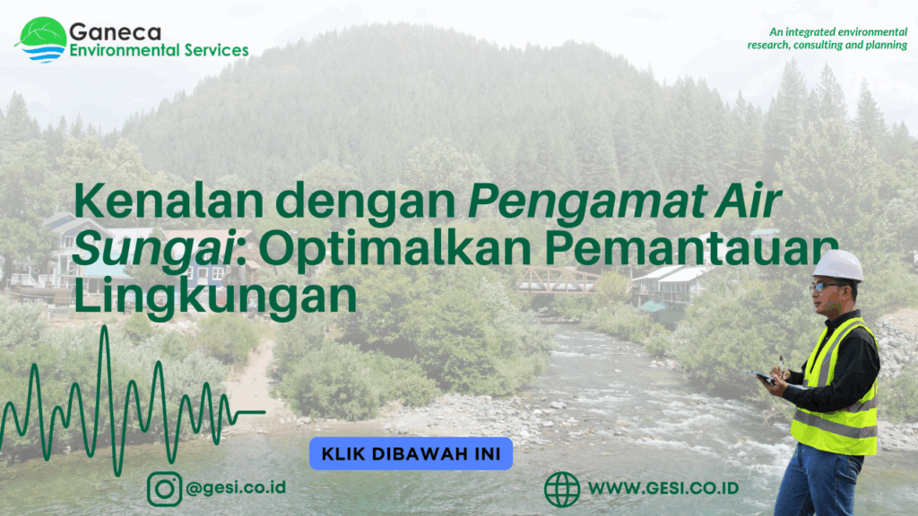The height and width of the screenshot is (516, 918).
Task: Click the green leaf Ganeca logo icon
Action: [42, 39]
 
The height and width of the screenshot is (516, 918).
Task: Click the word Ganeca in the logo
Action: [115, 31]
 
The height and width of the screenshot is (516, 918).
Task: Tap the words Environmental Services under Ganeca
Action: [159, 50]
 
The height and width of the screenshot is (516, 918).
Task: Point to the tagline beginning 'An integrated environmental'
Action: [827, 39]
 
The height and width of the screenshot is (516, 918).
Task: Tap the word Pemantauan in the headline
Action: [691, 248]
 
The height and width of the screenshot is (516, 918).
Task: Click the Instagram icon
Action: [165, 488]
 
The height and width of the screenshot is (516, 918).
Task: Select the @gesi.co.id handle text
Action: [236, 487]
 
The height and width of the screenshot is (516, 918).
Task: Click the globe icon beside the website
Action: [562, 488]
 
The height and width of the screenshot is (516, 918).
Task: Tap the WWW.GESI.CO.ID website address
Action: [663, 488]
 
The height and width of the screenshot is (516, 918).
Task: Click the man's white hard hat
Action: [838, 265]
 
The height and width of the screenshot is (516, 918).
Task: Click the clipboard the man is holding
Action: [760, 377]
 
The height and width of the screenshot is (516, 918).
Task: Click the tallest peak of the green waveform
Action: [105, 328]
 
